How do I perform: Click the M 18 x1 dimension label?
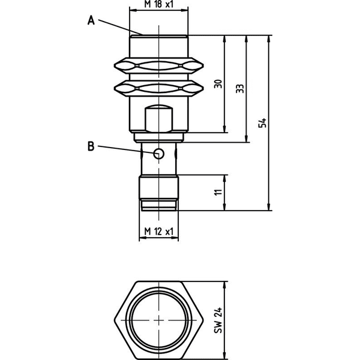[158, 4]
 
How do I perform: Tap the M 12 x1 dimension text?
[158, 232]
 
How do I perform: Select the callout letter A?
[91, 20]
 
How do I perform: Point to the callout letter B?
[91, 146]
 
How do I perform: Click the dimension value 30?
[218, 84]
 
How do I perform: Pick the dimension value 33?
[240, 89]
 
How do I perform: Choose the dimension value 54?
[262, 123]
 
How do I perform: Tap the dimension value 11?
[218, 192]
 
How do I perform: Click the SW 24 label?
[218, 320]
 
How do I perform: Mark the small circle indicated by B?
[158, 153]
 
